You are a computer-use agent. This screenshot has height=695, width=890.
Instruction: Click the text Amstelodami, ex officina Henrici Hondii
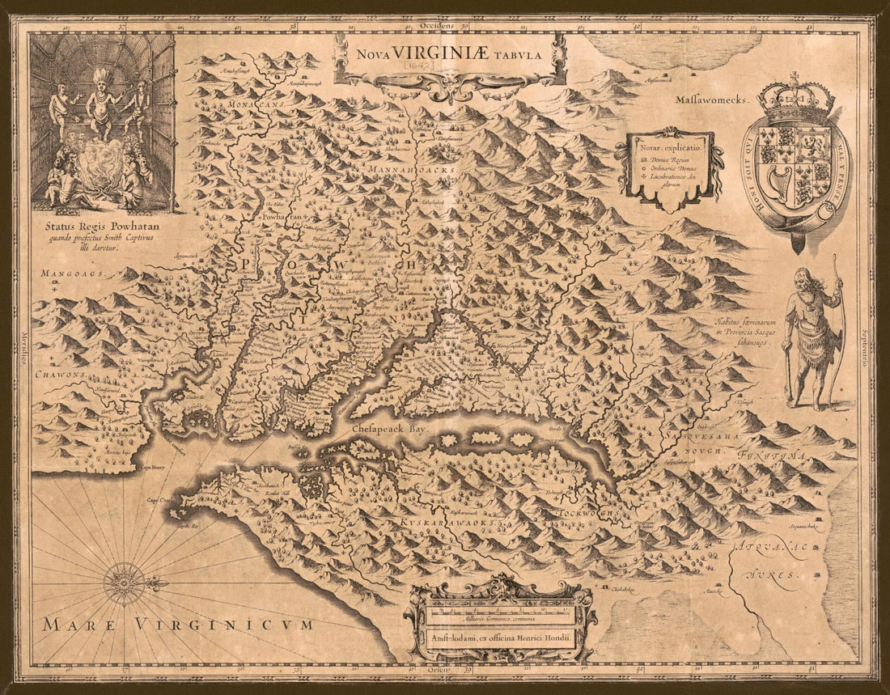[x=502, y=634]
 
